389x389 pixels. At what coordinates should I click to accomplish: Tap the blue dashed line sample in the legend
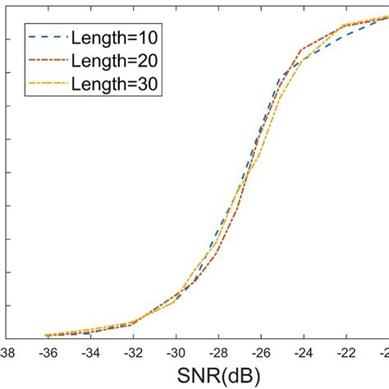[x=47, y=38]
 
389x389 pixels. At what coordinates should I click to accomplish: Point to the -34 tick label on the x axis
[x=89, y=352]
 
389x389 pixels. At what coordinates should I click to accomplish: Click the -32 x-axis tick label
[x=131, y=352]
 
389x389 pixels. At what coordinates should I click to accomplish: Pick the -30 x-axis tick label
[x=175, y=352]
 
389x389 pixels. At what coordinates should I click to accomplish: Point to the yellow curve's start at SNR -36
[x=46, y=335]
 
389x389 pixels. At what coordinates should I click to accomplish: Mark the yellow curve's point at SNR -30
[x=175, y=302]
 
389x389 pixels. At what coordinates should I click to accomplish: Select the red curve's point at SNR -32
[x=131, y=325]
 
